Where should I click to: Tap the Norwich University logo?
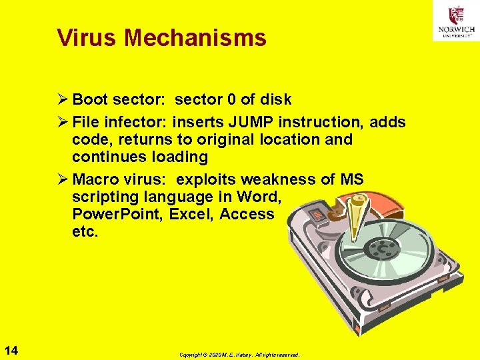click(456, 21)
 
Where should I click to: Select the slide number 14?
click(11, 350)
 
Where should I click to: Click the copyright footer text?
click(239, 355)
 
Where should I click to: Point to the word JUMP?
click(251, 122)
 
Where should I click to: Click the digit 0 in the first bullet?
click(231, 100)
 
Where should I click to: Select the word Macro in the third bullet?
click(95, 180)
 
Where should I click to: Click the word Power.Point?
click(117, 214)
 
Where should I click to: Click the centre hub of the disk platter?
click(383, 251)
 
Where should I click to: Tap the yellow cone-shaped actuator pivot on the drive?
click(361, 211)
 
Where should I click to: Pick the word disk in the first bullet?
click(275, 100)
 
